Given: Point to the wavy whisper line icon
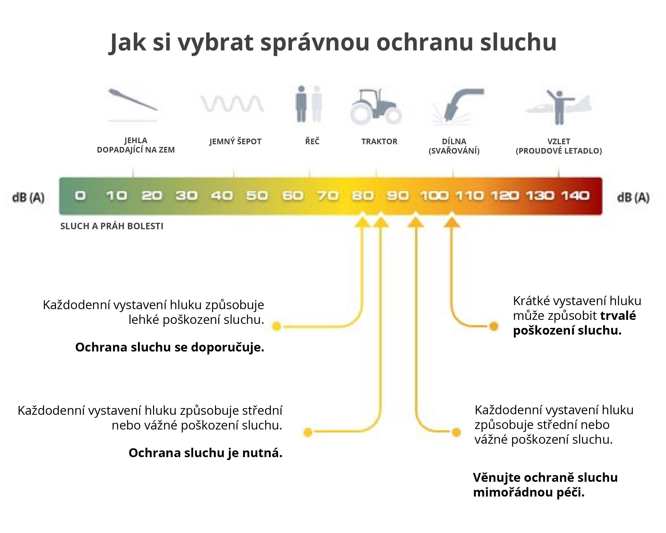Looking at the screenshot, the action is point(232,103).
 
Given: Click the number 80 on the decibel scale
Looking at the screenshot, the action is point(363,196).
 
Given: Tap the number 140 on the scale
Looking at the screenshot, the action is point(575,196).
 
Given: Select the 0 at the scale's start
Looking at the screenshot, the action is point(80,196).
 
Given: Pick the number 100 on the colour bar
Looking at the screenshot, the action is point(434,196).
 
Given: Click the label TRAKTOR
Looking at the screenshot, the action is point(379,142).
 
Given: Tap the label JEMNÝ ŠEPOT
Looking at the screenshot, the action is point(235,141).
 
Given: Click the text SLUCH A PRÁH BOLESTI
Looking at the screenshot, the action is point(112,226).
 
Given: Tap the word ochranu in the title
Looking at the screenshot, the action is point(425,42).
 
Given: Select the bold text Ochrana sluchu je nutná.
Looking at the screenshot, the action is point(205,453).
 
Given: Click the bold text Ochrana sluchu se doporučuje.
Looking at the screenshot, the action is point(170,347).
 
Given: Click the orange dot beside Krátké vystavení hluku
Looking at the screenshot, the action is point(494,326).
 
